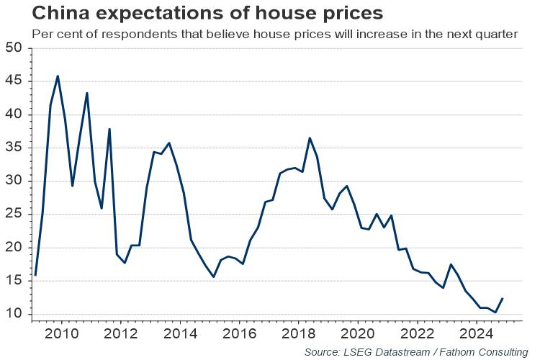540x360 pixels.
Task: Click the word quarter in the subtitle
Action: coord(497,34)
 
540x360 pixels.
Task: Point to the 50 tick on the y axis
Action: coord(14,48)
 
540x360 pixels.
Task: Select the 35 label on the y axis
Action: coord(14,148)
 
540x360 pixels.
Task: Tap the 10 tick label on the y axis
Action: coord(14,315)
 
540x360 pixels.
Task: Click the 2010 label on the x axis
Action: coord(60,333)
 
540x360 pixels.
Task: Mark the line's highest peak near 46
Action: coord(58,76)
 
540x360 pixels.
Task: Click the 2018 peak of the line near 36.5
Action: coord(310,138)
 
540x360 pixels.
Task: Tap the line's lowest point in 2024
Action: coord(495,312)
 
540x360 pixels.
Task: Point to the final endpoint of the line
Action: coord(503,299)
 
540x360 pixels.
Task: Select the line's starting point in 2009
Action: coord(35,275)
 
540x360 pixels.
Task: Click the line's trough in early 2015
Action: coord(213,276)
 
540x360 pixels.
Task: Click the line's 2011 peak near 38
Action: coord(109,129)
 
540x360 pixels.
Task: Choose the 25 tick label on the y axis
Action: coord(14,215)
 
